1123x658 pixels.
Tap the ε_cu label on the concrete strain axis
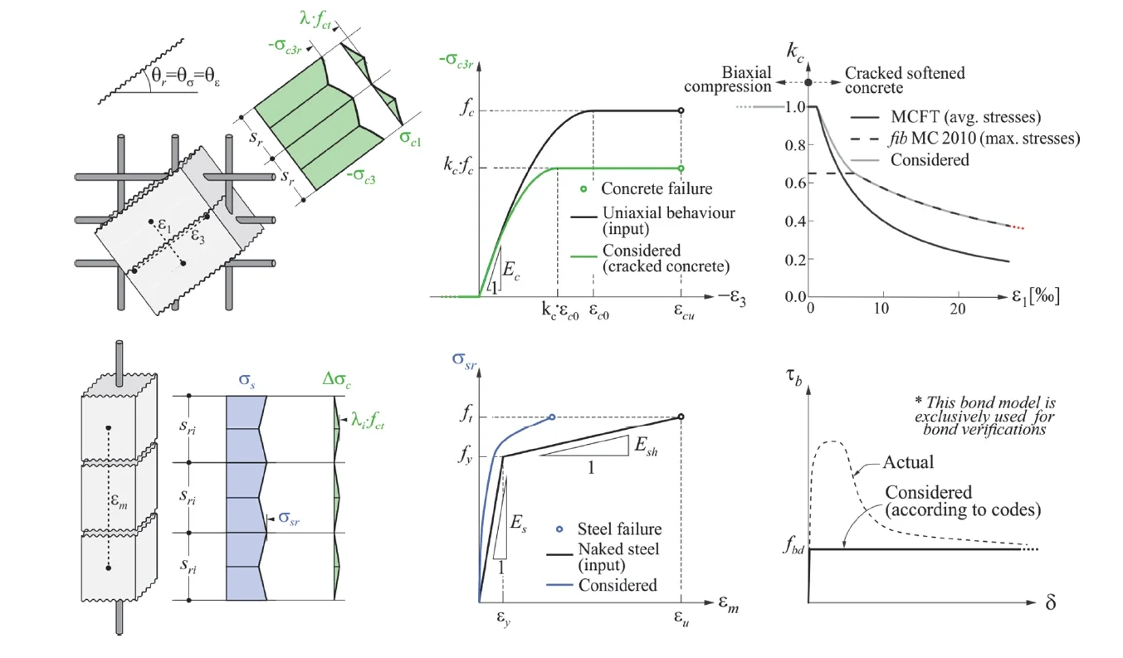tap(681, 318)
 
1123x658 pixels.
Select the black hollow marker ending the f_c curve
tap(681, 110)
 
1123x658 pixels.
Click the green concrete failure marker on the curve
tap(681, 168)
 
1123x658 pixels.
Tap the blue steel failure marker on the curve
tap(552, 417)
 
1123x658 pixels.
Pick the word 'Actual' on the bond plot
tap(907, 461)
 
